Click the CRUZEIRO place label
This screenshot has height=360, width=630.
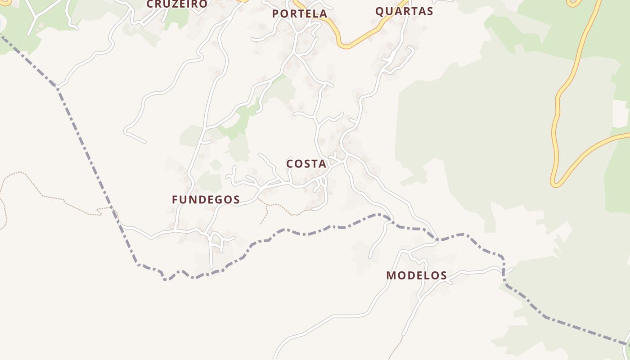click(x=177, y=4)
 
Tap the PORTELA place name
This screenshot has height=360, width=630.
click(x=299, y=14)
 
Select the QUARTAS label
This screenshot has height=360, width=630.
click(x=404, y=11)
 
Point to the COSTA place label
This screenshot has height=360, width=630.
click(x=306, y=164)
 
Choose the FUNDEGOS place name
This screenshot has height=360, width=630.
click(x=206, y=200)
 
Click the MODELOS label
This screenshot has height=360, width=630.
click(x=417, y=275)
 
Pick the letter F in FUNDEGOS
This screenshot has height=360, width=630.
click(x=175, y=200)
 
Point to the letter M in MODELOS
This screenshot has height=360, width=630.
click(x=391, y=275)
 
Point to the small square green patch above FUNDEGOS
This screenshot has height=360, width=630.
click(x=216, y=165)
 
